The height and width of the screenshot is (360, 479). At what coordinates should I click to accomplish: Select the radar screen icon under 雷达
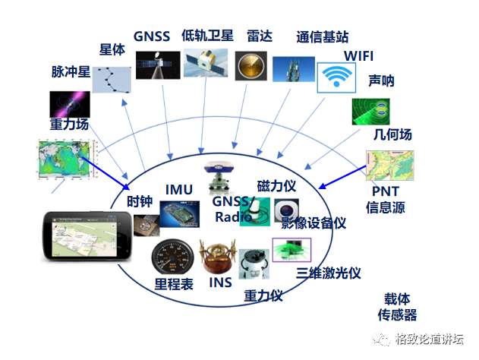(249, 66)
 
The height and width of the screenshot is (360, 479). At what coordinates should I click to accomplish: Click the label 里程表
(174, 284)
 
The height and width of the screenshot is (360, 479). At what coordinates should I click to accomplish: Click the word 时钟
(140, 201)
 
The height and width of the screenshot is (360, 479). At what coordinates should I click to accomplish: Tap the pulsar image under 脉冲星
(70, 103)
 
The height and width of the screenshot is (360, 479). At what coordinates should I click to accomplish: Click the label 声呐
(380, 80)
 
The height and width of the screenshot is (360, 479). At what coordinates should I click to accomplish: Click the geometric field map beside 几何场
(388, 167)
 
